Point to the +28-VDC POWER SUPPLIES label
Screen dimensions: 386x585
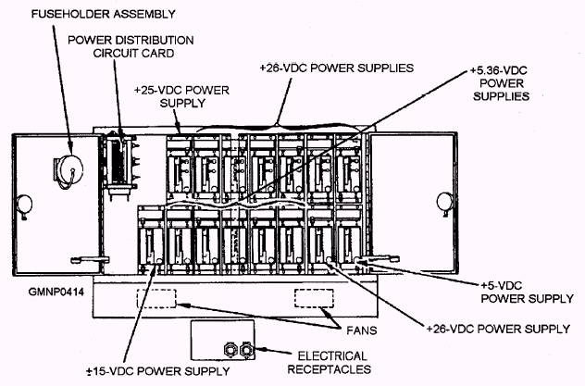pos(336,68)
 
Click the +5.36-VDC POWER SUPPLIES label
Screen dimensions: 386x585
pos(499,82)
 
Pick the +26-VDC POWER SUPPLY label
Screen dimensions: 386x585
pos(497,329)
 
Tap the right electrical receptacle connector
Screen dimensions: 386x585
pos(246,351)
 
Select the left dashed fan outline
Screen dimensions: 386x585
pos(156,299)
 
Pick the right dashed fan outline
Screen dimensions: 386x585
pos(313,299)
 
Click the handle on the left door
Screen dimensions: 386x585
pos(82,255)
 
